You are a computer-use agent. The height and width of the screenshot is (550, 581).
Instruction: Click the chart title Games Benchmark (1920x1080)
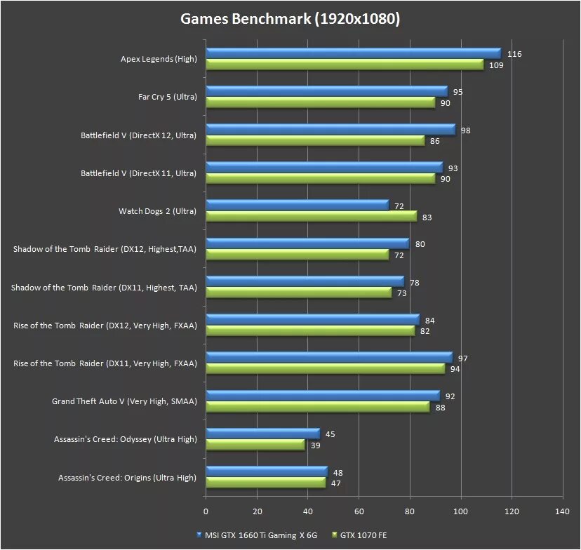click(290, 19)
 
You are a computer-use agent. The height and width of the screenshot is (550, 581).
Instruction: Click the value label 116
click(515, 54)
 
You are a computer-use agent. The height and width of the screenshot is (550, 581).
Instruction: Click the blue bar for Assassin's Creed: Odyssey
click(262, 434)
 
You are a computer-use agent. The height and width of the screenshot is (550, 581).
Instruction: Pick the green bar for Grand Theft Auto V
click(317, 407)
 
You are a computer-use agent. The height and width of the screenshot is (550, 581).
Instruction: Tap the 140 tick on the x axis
click(562, 511)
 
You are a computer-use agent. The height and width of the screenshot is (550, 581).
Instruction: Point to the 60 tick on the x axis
click(359, 511)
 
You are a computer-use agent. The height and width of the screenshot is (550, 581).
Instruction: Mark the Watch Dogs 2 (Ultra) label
click(157, 210)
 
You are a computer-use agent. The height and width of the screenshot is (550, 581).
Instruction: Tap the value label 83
click(427, 217)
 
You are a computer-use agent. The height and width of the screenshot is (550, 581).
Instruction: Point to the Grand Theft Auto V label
click(124, 401)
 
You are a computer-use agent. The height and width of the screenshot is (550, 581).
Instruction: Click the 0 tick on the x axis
click(206, 511)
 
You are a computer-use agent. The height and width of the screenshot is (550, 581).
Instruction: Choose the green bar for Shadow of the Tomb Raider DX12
click(297, 254)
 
